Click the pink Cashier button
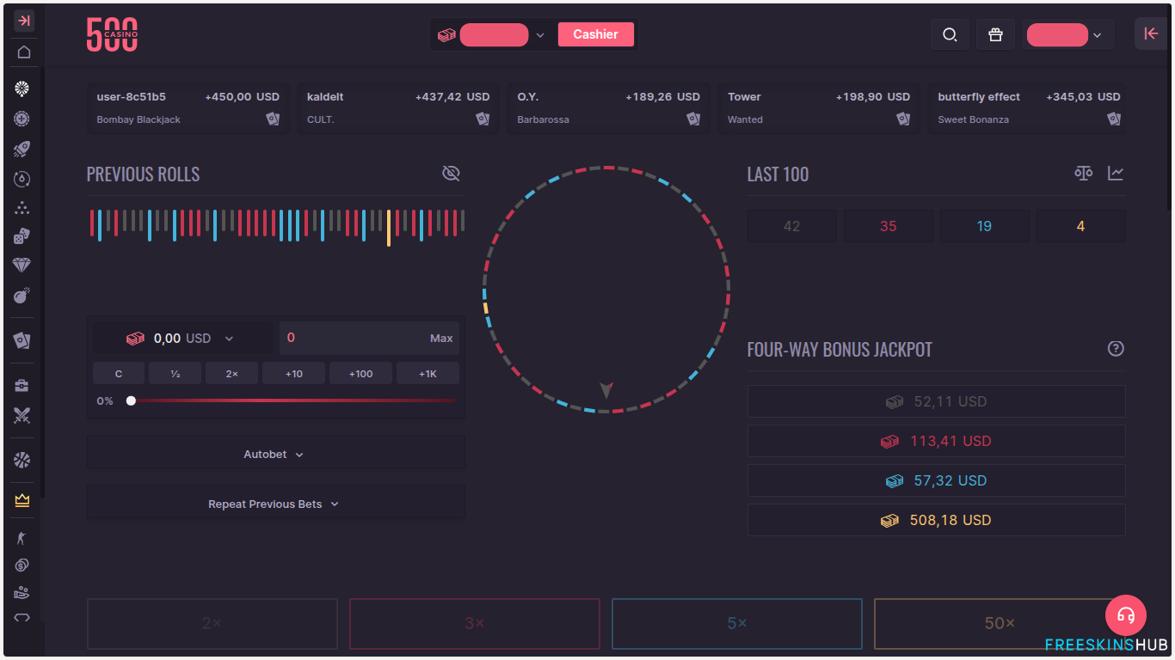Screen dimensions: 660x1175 pyautogui.click(x=595, y=34)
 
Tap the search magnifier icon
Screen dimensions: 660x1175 pyautogui.click(x=950, y=34)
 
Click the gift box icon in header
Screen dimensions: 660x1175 pyautogui.click(x=995, y=34)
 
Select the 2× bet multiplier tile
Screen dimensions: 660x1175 pyautogui.click(x=212, y=623)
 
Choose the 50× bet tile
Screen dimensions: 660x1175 pyautogui.click(x=999, y=623)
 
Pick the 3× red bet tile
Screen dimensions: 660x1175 pyautogui.click(x=474, y=623)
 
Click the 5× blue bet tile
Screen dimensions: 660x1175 pyautogui.click(x=736, y=623)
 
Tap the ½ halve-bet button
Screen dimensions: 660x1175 pyautogui.click(x=175, y=373)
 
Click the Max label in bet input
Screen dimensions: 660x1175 pyautogui.click(x=441, y=339)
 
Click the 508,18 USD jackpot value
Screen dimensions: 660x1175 pyautogui.click(x=950, y=520)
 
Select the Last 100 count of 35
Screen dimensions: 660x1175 pyautogui.click(x=888, y=226)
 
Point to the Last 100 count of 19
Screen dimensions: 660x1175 pyautogui.click(x=984, y=226)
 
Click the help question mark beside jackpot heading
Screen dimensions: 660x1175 pyautogui.click(x=1116, y=348)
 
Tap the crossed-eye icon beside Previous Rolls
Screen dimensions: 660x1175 pyautogui.click(x=451, y=174)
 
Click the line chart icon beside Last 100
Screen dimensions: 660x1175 pyautogui.click(x=1116, y=174)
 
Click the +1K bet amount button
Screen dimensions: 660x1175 pyautogui.click(x=428, y=373)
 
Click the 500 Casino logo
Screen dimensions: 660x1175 pyautogui.click(x=112, y=34)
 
